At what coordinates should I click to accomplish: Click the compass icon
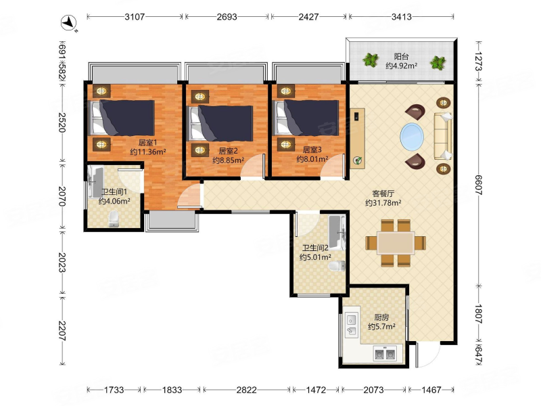pos(69,23)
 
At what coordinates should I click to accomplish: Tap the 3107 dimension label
pos(135,16)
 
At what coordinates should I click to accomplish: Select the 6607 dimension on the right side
pos(479,185)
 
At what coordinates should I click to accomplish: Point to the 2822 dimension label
pos(246,390)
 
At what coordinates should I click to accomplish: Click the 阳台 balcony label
pos(401,57)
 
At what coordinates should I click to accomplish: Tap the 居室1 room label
pos(147,143)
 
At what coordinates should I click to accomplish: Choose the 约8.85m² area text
pos(228,160)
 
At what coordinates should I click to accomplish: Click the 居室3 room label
pos(312,150)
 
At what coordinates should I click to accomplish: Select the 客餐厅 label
pos(383,194)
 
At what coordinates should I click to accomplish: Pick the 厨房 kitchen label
pos(381,317)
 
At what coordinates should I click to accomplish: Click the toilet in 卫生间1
pos(114,219)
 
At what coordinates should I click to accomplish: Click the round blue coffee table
pos(412,137)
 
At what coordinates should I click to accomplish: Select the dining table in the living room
pos(396,243)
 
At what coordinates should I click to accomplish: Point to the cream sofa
pos(443,136)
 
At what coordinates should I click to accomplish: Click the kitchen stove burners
pos(385,354)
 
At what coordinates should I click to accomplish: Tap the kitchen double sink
pos(352,325)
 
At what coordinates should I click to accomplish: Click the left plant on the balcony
pos(371,60)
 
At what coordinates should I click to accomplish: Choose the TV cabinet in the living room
pos(358,139)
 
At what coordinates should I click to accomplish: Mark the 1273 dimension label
pos(479,61)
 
